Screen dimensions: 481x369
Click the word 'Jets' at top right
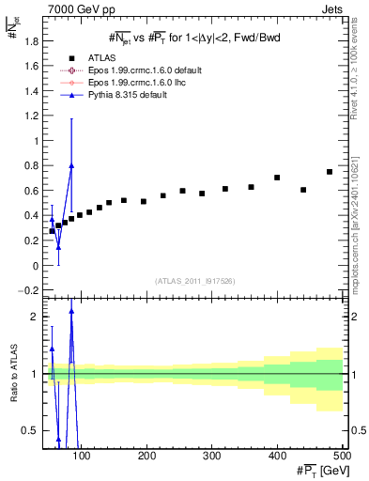(x=331, y=8)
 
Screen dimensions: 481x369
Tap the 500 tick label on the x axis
(x=341, y=456)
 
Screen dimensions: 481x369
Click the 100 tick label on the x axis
(x=82, y=456)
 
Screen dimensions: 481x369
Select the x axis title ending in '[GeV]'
(x=316, y=470)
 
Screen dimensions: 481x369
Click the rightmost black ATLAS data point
(x=330, y=172)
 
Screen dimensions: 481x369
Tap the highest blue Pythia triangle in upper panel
(x=71, y=165)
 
